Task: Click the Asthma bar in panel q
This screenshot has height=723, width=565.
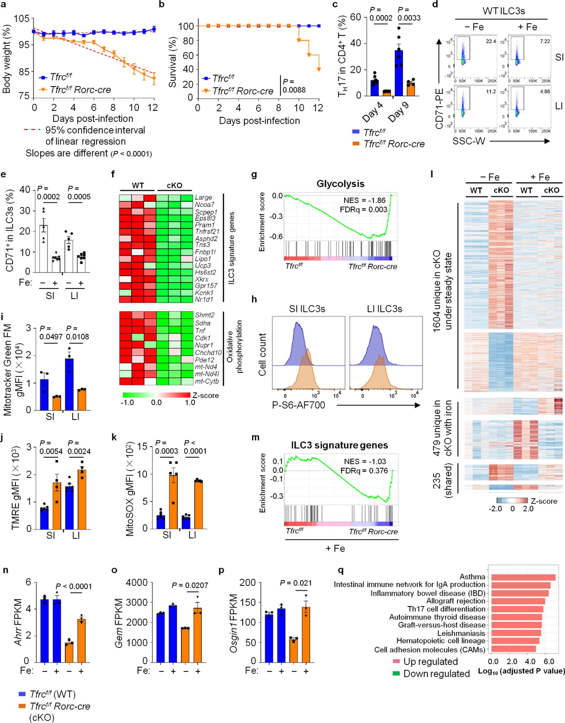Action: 523,577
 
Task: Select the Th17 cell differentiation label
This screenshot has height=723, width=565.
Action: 446,609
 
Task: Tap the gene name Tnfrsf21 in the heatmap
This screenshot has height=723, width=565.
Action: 207,231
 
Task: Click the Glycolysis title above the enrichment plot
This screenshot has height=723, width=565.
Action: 340,184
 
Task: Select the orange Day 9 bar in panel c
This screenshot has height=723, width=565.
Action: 411,89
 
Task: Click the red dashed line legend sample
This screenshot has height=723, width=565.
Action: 32,130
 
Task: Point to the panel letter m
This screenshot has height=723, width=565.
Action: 255,438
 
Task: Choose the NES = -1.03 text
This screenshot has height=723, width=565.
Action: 365,462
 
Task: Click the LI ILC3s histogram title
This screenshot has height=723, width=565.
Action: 385,309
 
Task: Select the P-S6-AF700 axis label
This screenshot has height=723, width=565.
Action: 298,405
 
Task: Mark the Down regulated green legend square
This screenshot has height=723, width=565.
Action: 396,673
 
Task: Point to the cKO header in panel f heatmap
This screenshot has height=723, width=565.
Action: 174,186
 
